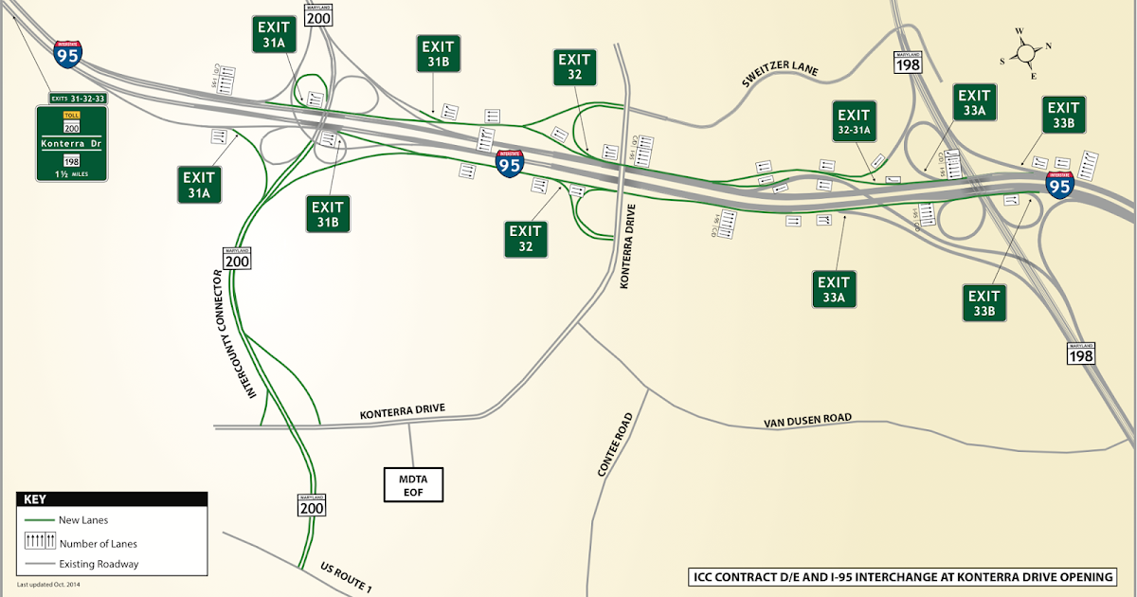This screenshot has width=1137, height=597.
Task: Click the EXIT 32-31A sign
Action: [x=854, y=121]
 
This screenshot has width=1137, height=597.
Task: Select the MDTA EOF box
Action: [x=413, y=483]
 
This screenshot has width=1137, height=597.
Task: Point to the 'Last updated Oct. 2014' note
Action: [x=58, y=587]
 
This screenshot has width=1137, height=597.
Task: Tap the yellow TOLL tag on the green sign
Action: [x=71, y=114]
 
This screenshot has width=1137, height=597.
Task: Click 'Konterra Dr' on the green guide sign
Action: [x=71, y=144]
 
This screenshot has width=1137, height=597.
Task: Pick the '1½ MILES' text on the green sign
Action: [x=72, y=173]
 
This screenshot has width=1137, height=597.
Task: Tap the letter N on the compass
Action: [x=1048, y=45]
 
